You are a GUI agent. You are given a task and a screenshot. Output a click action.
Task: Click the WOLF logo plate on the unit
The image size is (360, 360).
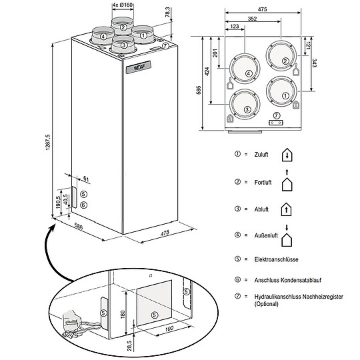click(x=138, y=67)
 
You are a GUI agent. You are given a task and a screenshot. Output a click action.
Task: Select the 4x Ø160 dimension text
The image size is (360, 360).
click(x=123, y=5)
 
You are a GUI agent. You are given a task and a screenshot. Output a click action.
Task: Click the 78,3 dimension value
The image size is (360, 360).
click(x=167, y=12)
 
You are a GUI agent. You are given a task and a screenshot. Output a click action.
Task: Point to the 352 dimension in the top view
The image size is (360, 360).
click(x=252, y=19)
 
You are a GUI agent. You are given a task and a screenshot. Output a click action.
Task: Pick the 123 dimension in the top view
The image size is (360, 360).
click(x=235, y=27)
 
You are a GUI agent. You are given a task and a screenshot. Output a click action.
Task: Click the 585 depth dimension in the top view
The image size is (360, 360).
click(x=199, y=90)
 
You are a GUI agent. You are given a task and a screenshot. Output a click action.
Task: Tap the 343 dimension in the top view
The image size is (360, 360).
click(x=314, y=63)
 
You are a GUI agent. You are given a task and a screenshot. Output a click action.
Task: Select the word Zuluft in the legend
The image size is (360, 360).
click(x=261, y=155)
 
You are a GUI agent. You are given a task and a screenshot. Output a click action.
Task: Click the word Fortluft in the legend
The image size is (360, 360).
click(x=263, y=182)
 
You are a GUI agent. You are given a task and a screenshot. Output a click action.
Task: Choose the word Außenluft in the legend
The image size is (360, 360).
click(x=266, y=235)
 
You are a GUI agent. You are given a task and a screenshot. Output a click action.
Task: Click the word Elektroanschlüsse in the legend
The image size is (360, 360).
click(x=276, y=259)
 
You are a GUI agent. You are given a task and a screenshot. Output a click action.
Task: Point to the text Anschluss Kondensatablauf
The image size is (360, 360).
click(x=288, y=280)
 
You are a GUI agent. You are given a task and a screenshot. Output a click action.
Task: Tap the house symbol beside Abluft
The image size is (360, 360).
click(x=286, y=209)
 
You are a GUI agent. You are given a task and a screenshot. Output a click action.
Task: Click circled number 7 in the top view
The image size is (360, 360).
click(x=277, y=115)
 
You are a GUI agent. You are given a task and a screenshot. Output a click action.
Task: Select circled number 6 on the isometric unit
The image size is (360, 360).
click(x=84, y=205)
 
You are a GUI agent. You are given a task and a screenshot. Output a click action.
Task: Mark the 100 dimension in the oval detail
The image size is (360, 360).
click(x=169, y=329)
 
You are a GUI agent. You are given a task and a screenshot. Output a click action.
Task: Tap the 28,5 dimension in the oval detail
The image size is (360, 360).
click(x=129, y=345)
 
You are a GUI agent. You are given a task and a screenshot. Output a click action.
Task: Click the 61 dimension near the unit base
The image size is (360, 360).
click(x=86, y=179)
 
